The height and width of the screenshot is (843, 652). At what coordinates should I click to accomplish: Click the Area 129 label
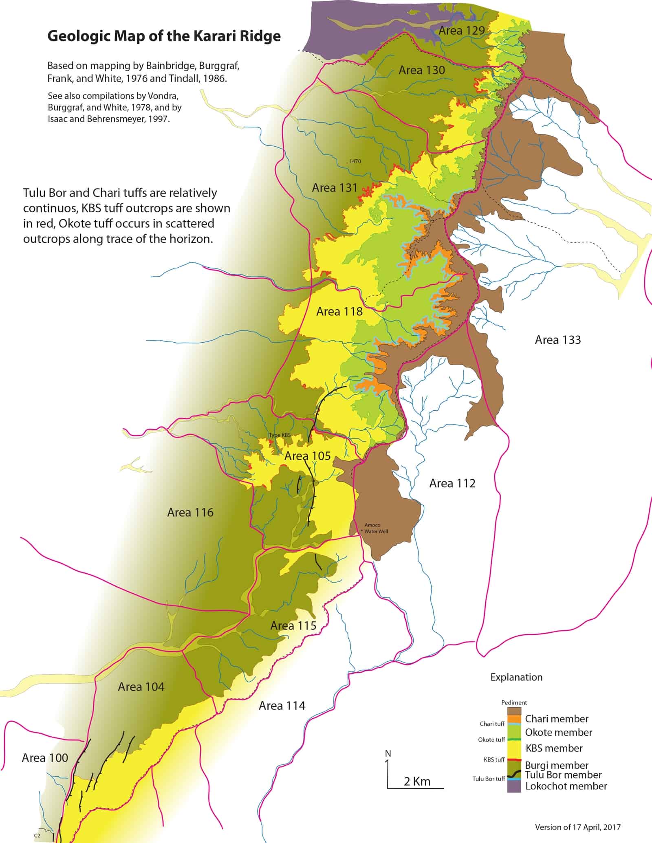pos(461,30)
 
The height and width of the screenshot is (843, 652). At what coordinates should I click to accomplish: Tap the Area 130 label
pos(421,70)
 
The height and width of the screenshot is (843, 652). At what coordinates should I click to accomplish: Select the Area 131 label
pos(335,188)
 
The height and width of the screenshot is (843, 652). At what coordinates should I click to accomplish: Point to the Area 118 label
pos(339,312)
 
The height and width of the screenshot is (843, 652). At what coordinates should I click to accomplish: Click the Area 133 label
pos(557,340)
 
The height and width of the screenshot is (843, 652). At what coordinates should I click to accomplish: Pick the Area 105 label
pos(307,456)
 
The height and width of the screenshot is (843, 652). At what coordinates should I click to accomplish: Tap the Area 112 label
pos(452,483)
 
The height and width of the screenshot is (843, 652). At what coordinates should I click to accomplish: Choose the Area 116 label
pos(190,512)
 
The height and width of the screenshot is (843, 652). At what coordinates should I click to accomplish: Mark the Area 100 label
pos(45,758)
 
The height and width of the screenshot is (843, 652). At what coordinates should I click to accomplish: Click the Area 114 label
pos(282,706)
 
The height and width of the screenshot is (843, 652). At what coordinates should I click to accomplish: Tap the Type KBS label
pos(280,435)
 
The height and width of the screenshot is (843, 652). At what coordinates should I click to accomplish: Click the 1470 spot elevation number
pos(355,161)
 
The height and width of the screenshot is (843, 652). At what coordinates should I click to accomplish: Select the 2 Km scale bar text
pos(417,781)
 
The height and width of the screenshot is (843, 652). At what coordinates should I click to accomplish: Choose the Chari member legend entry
pos(557,719)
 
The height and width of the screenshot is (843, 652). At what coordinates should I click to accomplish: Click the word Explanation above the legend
pos(516,677)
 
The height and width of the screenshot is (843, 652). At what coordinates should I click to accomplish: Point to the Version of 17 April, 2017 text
pos(577,827)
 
